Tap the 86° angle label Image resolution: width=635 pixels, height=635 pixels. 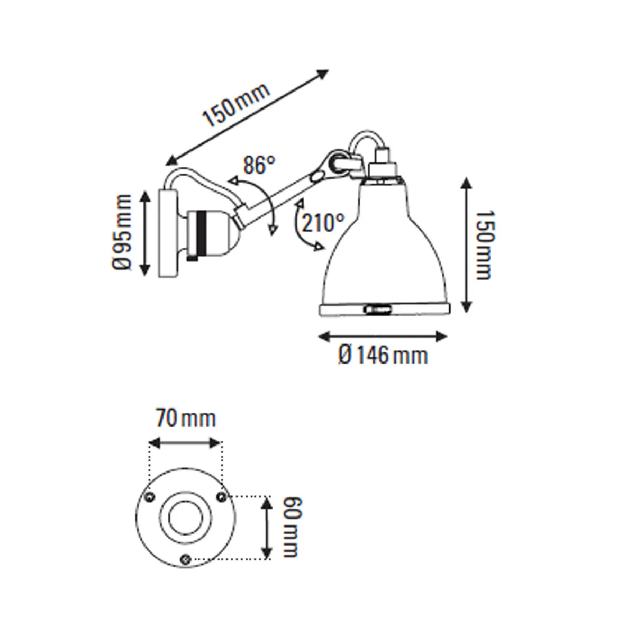coord(259,166)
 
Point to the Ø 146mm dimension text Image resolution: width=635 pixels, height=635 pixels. coord(383,355)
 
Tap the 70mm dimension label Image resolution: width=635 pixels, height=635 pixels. coord(186,419)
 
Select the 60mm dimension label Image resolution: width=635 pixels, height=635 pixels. coord(291,527)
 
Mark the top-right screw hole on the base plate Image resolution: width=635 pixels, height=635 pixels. coord(221,495)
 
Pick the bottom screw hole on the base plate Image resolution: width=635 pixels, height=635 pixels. coord(185,558)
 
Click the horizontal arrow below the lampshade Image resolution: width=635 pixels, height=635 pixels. coord(383,335)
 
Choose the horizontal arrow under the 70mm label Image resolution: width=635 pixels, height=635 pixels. coord(185,443)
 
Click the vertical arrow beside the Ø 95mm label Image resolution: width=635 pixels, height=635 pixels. coord(145,233)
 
